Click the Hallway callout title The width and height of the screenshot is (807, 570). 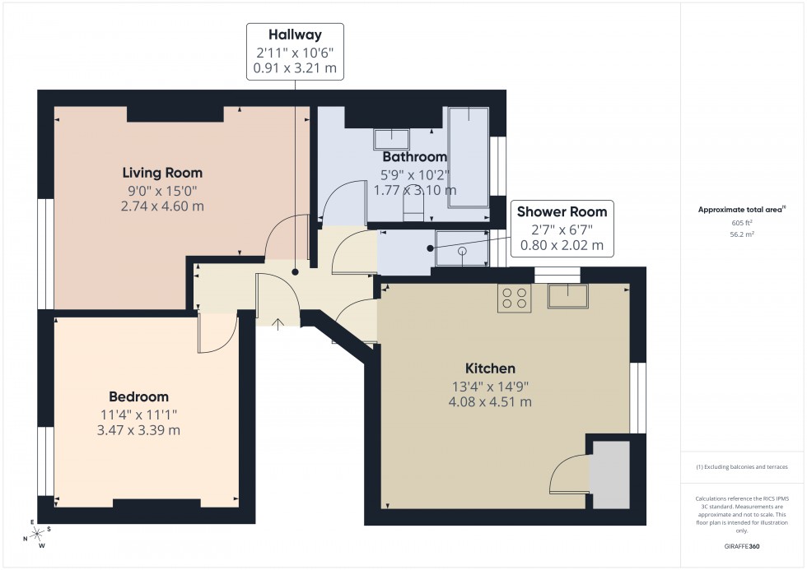[296, 35]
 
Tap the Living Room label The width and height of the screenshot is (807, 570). [162, 173]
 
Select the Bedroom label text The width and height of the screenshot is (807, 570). [138, 396]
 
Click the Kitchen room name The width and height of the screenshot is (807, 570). [488, 368]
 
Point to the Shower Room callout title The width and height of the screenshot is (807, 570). [562, 211]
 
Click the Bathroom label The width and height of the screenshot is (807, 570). [414, 156]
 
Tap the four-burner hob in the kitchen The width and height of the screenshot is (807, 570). [515, 298]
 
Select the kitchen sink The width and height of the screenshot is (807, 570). [568, 295]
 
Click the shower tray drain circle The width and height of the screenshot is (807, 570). [462, 250]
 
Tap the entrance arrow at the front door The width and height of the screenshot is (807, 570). [278, 323]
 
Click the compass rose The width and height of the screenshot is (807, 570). [35, 533]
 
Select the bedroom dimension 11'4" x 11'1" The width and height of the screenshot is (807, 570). [138, 415]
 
